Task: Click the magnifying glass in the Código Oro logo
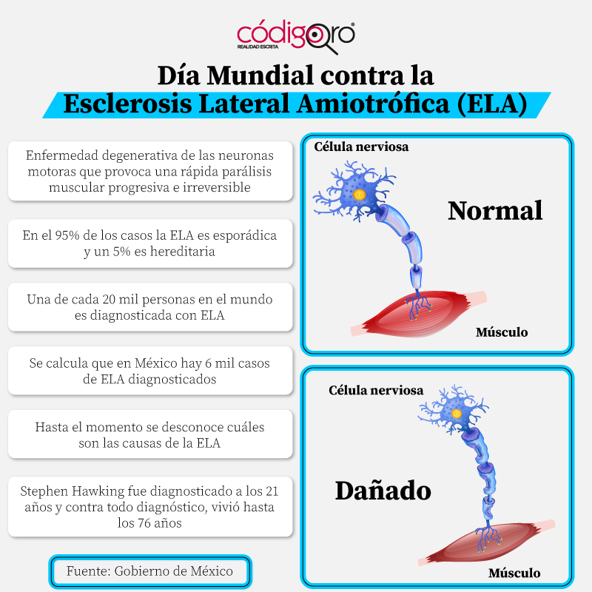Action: pyautogui.click(x=324, y=38)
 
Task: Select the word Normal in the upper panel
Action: pyautogui.click(x=495, y=210)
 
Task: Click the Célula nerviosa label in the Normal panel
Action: pyautogui.click(x=361, y=147)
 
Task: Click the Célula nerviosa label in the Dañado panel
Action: pyautogui.click(x=376, y=390)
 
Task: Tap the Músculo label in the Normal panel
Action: pyautogui.click(x=501, y=332)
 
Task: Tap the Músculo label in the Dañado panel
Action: pyautogui.click(x=514, y=573)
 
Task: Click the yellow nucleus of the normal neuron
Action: pyautogui.click(x=360, y=195)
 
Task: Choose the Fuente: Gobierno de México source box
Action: pyautogui.click(x=150, y=571)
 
